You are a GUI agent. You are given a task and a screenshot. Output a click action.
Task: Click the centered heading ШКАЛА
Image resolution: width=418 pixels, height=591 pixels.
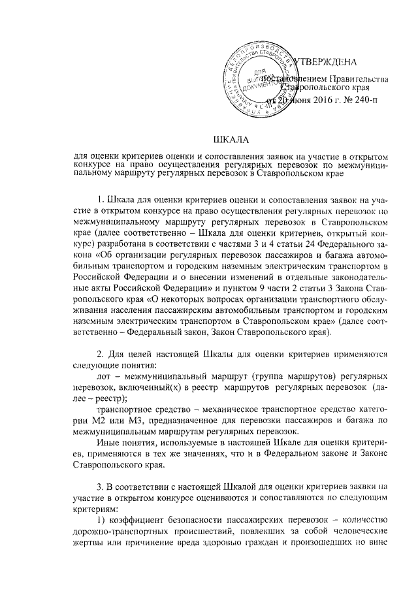[x=231, y=139]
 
